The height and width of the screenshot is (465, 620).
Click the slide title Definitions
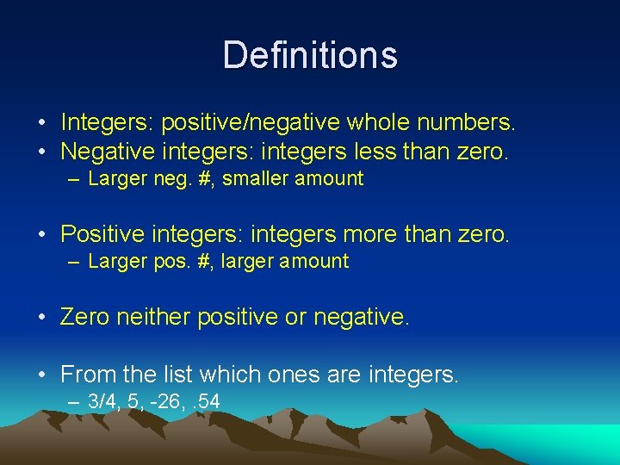(310, 55)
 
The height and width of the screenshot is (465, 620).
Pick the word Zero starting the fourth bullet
(84, 317)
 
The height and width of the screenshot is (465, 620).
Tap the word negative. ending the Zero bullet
(362, 317)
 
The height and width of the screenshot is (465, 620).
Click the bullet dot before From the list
(42, 375)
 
